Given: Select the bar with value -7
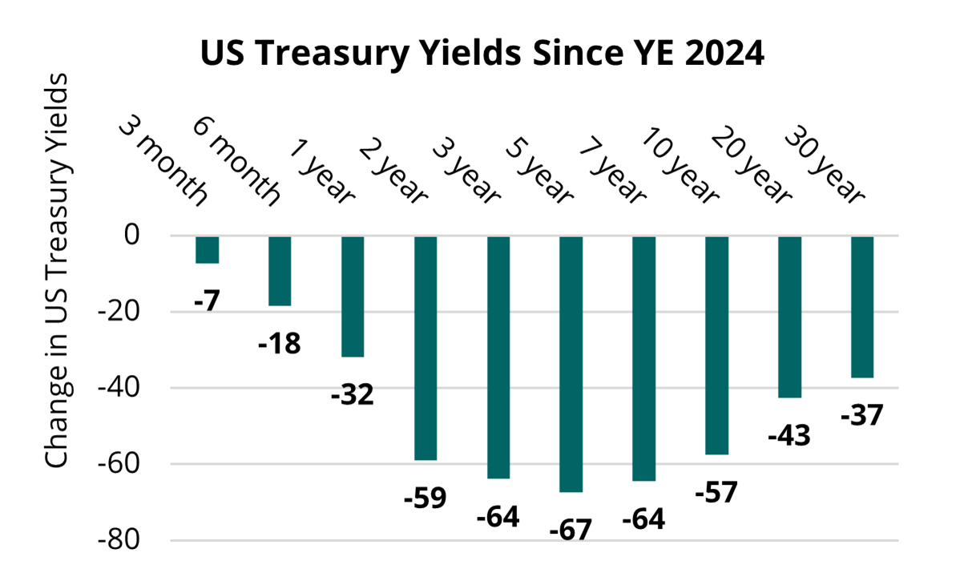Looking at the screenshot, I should click(x=207, y=250).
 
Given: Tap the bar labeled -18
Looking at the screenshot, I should click(x=280, y=271).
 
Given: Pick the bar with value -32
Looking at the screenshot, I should click(x=353, y=297).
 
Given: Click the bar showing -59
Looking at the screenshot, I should click(x=426, y=348).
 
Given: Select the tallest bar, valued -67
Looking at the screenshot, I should click(x=571, y=364).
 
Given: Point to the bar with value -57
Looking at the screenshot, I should click(x=717, y=345).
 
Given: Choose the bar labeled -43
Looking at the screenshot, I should click(x=790, y=317).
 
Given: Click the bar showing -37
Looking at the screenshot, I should click(x=862, y=307).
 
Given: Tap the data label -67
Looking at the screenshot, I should click(x=571, y=530).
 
